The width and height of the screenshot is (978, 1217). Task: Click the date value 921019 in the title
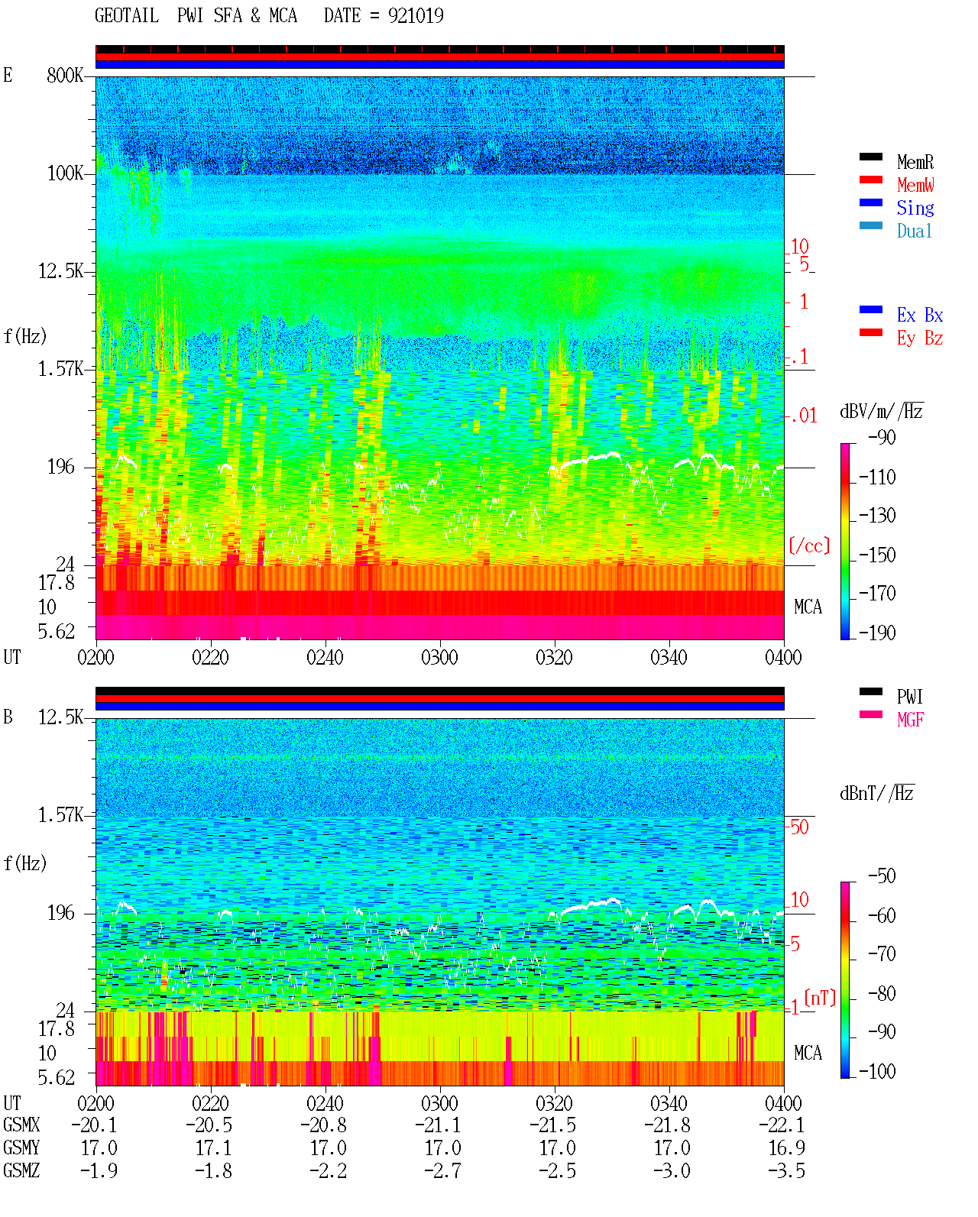[x=416, y=15]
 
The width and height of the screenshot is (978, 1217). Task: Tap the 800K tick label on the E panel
[x=65, y=75]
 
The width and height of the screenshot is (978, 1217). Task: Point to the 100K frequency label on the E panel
[x=65, y=173]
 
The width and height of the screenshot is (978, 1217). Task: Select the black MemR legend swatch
[x=870, y=157]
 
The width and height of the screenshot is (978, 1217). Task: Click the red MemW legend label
[x=915, y=185]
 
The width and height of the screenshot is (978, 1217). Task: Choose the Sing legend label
[x=915, y=208]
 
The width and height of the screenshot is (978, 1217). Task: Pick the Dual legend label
[x=915, y=231]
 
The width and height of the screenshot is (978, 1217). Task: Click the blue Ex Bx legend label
[x=920, y=315]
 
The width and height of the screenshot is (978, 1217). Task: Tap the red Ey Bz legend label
[x=920, y=338]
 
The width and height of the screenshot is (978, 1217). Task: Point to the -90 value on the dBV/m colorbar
[x=882, y=437]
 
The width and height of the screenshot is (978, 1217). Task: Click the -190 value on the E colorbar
[x=877, y=633]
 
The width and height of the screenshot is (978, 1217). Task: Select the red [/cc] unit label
[x=809, y=545]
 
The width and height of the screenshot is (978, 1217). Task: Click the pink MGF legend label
[x=911, y=720]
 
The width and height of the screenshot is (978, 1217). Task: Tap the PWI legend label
[x=910, y=697]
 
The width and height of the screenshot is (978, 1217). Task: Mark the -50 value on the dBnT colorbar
[x=882, y=876]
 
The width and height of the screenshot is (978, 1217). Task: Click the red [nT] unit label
[x=820, y=998]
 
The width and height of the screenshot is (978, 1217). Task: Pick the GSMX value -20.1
[x=95, y=1125]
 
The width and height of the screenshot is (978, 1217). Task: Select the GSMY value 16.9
[x=786, y=1148]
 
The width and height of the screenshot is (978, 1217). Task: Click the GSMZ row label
[x=21, y=1170]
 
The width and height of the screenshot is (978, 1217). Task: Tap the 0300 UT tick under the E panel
[x=439, y=658]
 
